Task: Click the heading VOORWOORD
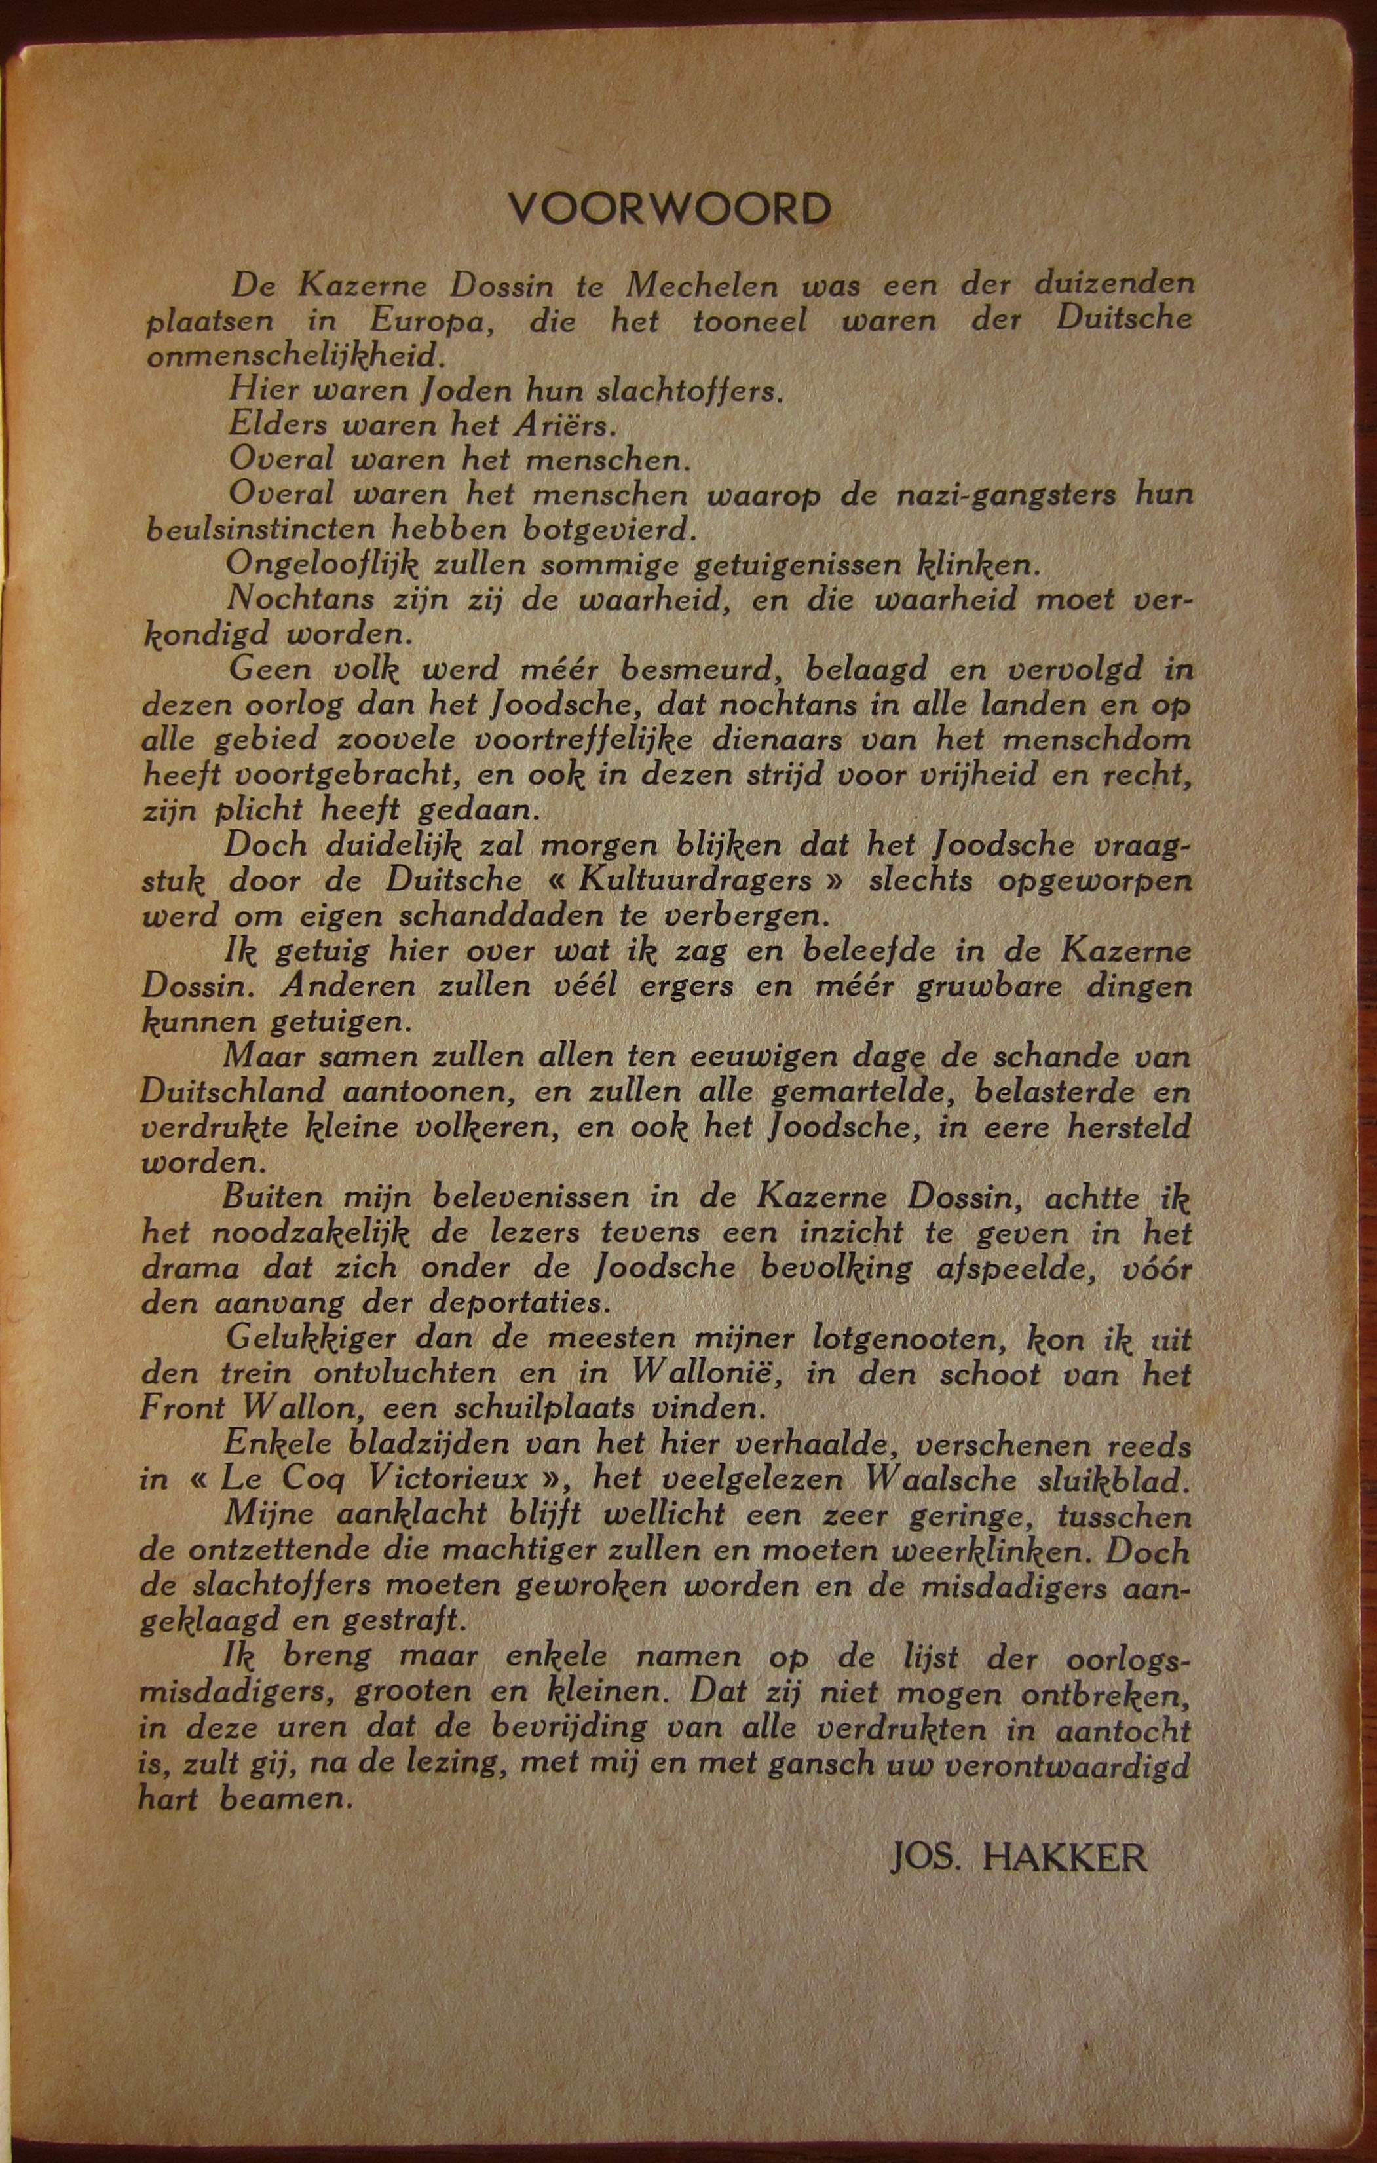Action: click(670, 210)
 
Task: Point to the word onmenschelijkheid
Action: click(295, 356)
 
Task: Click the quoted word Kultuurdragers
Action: click(696, 881)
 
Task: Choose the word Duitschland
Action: click(233, 1092)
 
